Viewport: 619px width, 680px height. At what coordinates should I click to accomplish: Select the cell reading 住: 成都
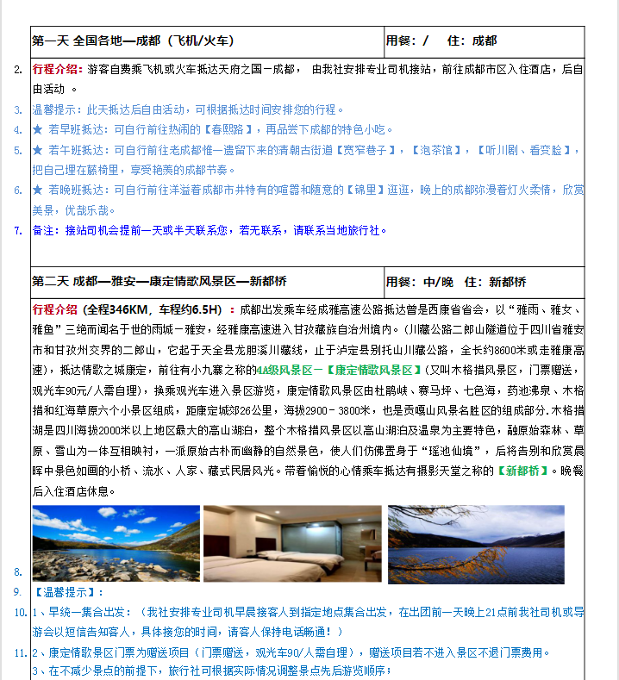tap(472, 41)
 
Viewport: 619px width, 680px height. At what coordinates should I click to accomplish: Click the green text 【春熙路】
tap(222, 129)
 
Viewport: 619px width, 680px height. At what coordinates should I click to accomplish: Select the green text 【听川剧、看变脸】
tap(523, 150)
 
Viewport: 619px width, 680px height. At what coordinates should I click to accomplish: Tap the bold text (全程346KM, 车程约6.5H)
tap(164, 309)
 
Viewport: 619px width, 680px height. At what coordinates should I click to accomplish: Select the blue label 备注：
tap(47, 230)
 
